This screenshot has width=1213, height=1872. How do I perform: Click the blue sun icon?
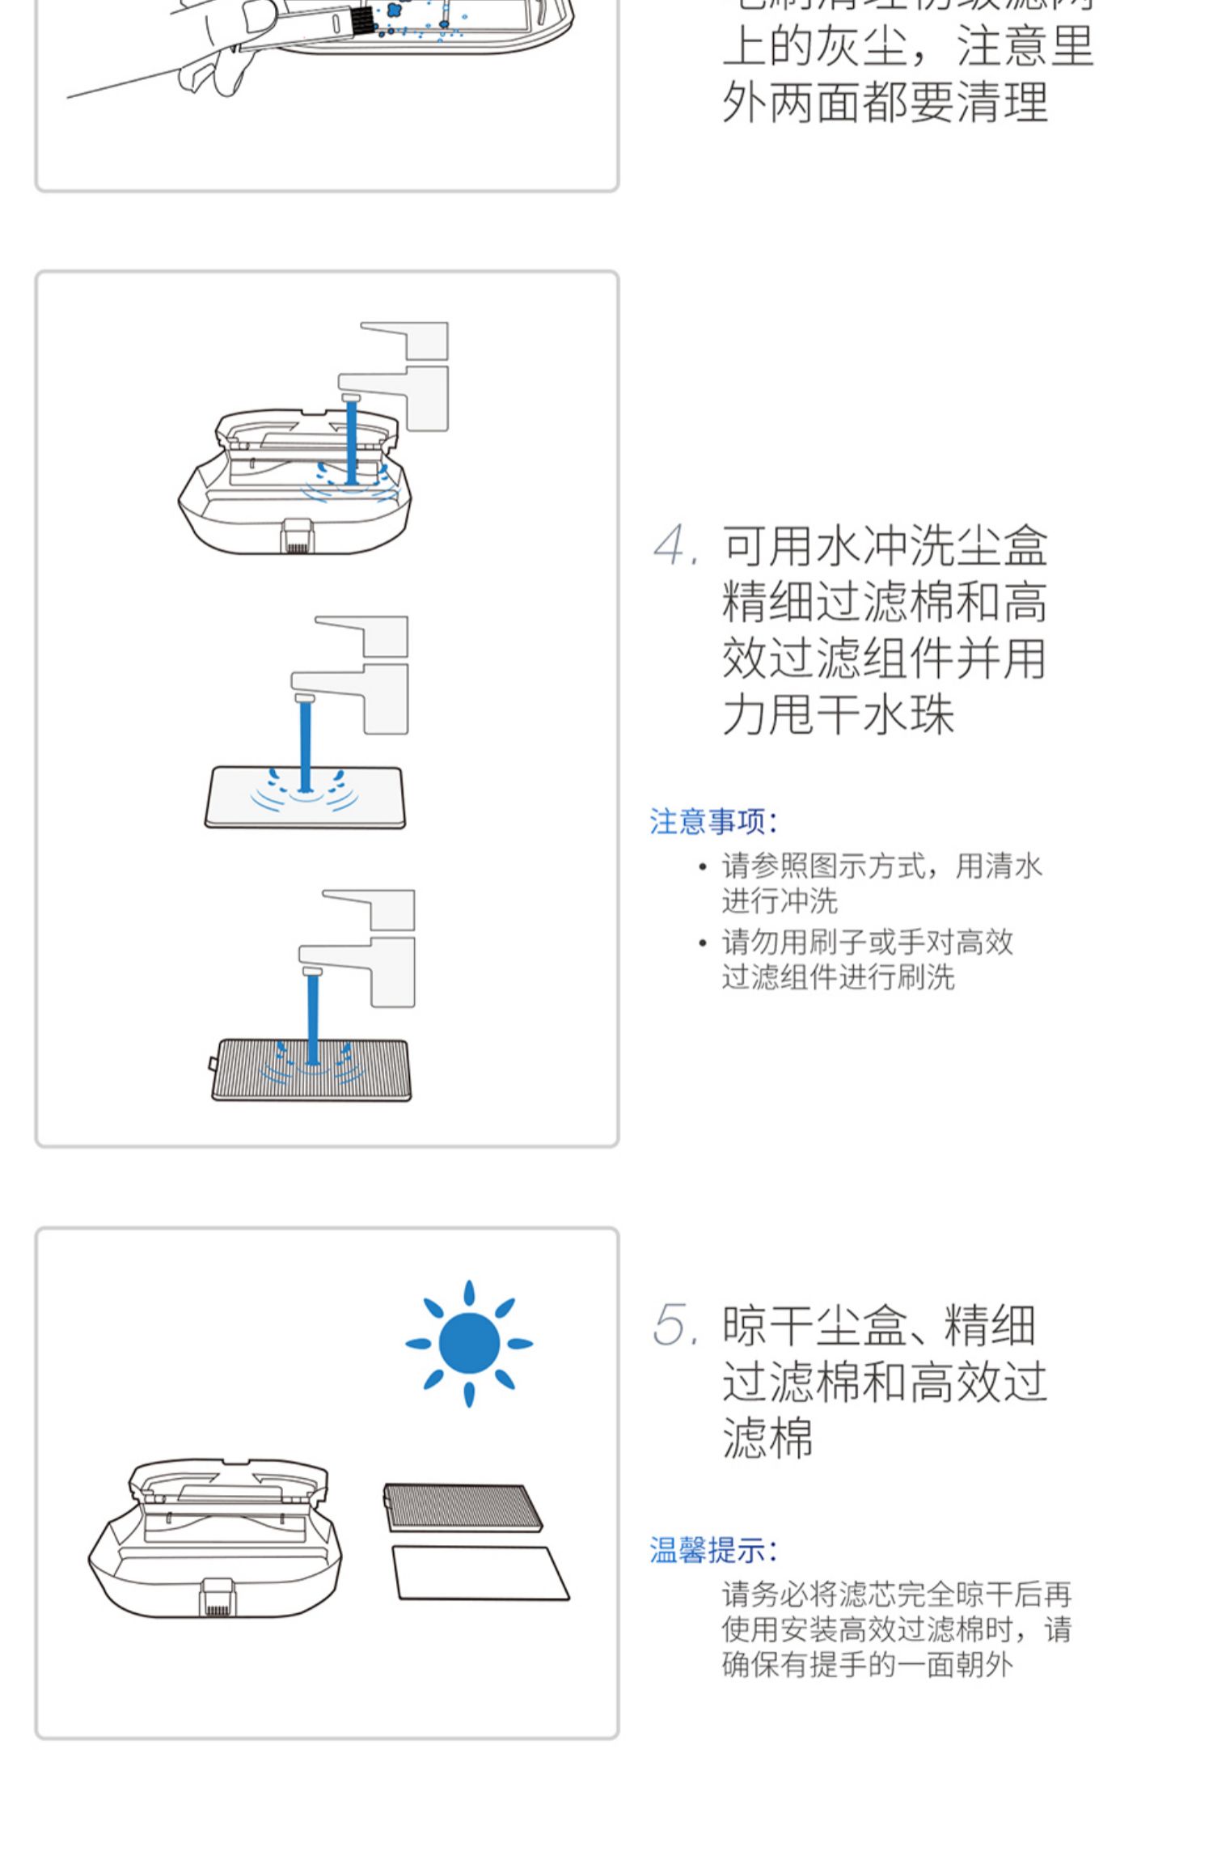(469, 1343)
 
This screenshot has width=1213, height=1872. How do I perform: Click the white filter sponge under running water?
(305, 797)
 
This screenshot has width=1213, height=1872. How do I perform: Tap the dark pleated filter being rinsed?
(311, 1069)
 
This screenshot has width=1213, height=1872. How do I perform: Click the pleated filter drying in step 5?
(463, 1506)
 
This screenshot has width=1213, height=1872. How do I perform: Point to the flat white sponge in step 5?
(480, 1573)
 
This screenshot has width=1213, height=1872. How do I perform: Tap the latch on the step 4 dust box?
(297, 536)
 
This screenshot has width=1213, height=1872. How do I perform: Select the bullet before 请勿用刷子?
(702, 942)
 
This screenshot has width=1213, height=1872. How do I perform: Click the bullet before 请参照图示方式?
(702, 867)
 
